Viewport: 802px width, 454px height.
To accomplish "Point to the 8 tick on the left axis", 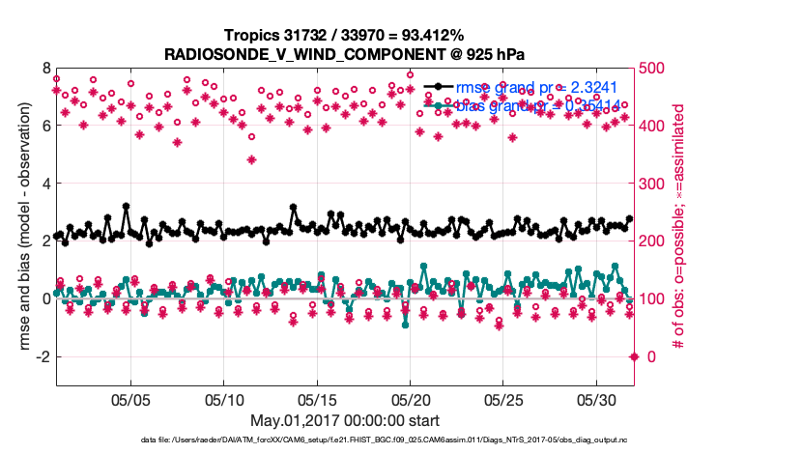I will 45,69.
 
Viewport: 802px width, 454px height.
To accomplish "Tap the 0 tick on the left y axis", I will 45,298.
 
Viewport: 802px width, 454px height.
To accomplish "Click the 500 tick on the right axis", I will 656,69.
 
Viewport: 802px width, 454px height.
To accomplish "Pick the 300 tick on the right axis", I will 656,184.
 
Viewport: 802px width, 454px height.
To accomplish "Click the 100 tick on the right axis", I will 656,298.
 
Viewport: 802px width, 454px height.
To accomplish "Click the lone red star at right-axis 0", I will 634,356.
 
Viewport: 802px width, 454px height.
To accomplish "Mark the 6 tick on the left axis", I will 45,127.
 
